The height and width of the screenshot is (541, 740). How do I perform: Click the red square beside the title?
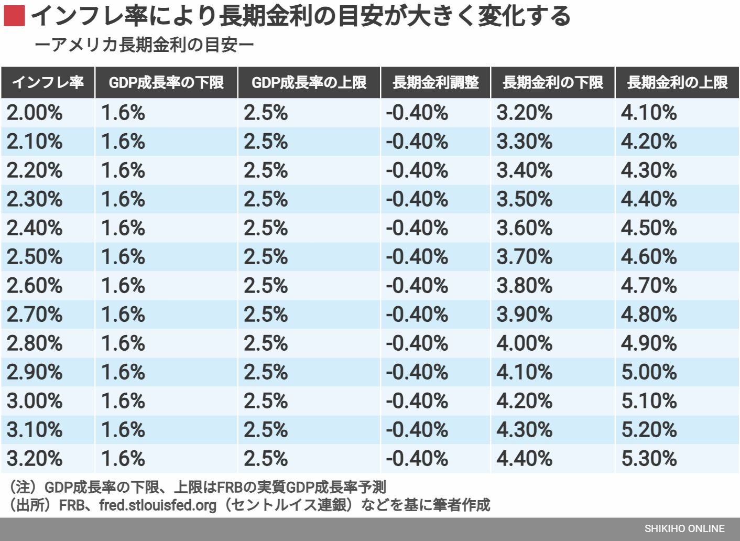pos(14,16)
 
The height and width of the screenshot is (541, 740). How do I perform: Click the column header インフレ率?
pos(48,82)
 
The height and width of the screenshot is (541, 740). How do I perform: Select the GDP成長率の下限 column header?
pos(166,82)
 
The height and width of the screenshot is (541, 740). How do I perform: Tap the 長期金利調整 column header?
pos(436,82)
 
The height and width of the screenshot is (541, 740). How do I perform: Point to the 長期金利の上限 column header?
pos(677,82)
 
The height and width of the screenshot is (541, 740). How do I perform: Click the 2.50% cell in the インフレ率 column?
pos(35,257)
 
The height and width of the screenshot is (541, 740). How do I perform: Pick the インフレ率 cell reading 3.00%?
pos(35,401)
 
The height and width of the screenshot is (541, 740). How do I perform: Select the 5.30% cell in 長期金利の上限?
pos(649,459)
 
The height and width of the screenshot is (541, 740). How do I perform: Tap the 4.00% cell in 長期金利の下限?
pos(524,343)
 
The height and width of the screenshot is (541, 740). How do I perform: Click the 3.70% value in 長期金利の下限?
pos(524,257)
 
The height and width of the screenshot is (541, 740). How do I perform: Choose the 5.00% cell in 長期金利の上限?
pos(649,372)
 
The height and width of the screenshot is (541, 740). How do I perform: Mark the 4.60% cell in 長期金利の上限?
pos(649,257)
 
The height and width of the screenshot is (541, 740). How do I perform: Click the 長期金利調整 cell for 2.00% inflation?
pos(417,113)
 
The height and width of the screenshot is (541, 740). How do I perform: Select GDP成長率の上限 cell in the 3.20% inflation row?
pos(266,459)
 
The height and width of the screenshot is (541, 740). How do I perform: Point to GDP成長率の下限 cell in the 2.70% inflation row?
pos(123,315)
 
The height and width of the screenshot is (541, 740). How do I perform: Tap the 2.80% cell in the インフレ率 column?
pos(35,343)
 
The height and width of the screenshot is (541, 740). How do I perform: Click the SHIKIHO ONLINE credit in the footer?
pos(684,528)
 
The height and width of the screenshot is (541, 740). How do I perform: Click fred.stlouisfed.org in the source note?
pos(158,505)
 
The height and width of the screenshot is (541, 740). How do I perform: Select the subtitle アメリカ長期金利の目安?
pos(144,45)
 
